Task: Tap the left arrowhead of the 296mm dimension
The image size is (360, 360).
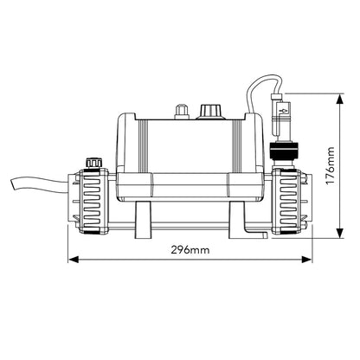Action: click(x=72, y=259)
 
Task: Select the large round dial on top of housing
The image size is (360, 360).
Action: click(x=207, y=112)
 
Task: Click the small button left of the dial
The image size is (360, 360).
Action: click(x=180, y=112)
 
